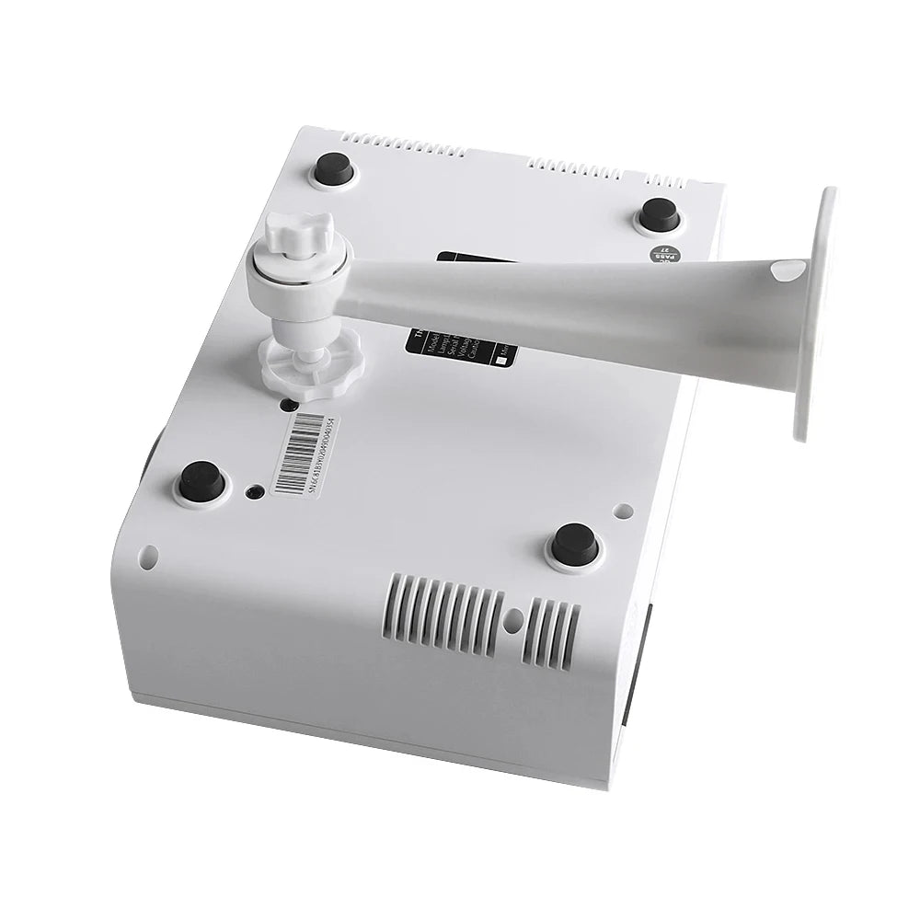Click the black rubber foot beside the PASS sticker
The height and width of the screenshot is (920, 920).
[660, 215]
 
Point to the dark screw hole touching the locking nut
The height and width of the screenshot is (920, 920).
[289, 404]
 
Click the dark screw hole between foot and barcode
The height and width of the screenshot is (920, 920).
[253, 491]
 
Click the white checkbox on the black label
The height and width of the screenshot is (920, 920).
[500, 362]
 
